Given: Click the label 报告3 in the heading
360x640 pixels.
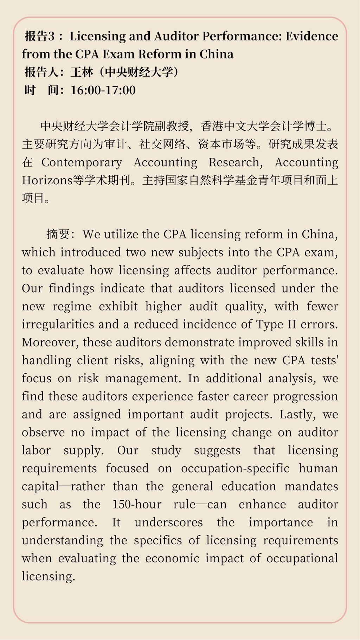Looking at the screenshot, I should (40, 36).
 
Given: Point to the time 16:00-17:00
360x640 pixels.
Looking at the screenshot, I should (103, 90).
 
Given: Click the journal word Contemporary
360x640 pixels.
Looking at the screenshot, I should (82, 162).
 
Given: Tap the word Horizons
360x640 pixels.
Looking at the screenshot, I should (47, 180).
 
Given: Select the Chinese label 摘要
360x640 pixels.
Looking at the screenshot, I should (58, 234).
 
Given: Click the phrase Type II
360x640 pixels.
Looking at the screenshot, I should (276, 324).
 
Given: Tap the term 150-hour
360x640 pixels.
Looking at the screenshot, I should (137, 504).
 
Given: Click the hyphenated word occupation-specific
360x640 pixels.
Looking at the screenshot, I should (235, 468).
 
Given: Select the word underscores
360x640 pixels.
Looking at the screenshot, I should (169, 522).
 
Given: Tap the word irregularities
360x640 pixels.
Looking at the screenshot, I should (58, 324).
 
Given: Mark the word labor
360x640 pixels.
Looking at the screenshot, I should (36, 450).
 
